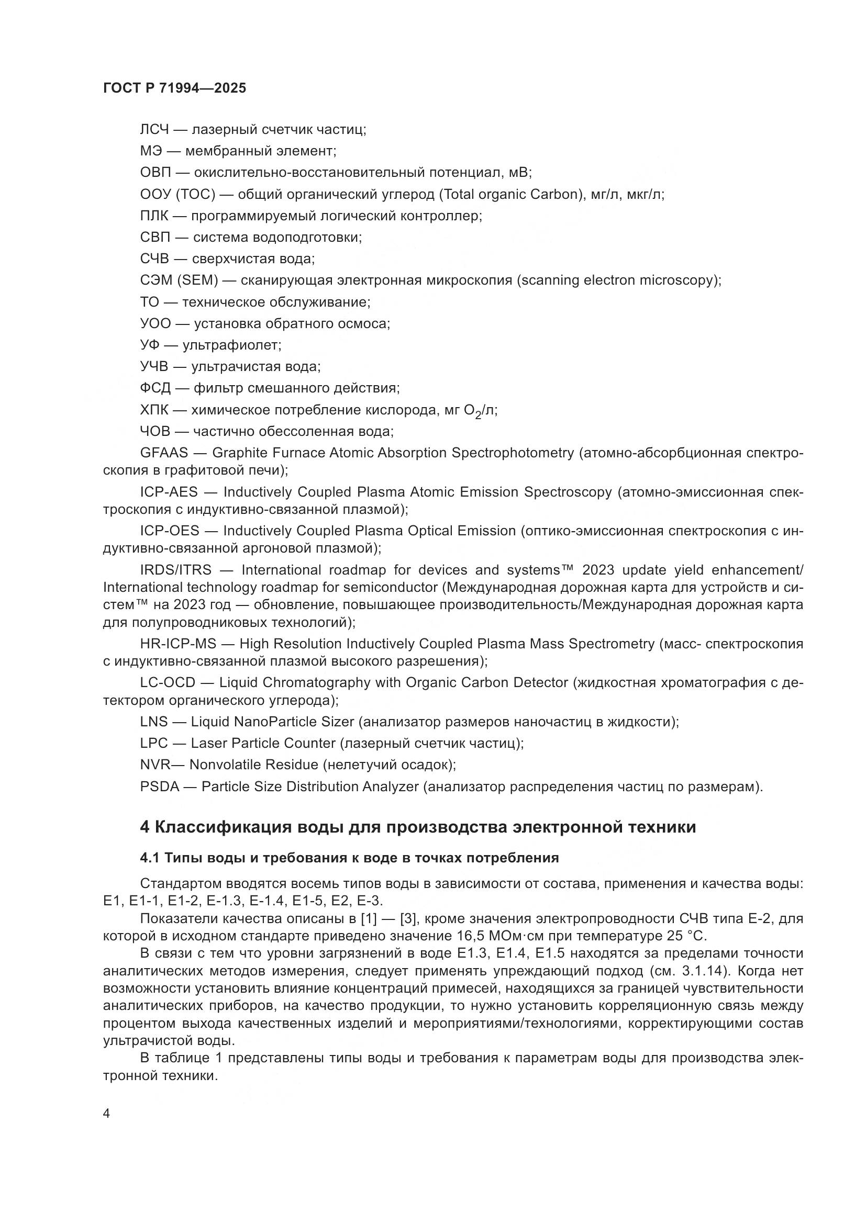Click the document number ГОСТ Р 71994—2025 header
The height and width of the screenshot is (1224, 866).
coord(174,88)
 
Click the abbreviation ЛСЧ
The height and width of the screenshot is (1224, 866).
coord(154,130)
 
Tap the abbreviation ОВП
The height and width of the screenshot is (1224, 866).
coord(155,173)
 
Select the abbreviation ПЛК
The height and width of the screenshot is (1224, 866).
coord(154,216)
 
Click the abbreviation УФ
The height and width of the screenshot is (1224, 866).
coord(150,345)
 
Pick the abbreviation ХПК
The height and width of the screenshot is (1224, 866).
coord(154,410)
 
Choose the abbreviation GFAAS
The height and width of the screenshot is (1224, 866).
coord(164,453)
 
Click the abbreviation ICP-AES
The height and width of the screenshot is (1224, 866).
coord(169,492)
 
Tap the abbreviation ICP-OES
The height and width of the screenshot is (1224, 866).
coord(169,531)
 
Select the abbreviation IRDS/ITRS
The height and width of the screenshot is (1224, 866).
coord(175,570)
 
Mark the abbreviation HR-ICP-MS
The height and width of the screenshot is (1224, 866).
coord(177,644)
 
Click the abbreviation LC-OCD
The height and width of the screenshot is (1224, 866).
coord(168,683)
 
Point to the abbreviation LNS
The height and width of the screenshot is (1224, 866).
coord(154,722)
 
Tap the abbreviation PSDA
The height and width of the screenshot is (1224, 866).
coord(160,787)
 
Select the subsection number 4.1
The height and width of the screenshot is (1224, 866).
coord(150,858)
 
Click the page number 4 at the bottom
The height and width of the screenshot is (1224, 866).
coord(106,1114)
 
